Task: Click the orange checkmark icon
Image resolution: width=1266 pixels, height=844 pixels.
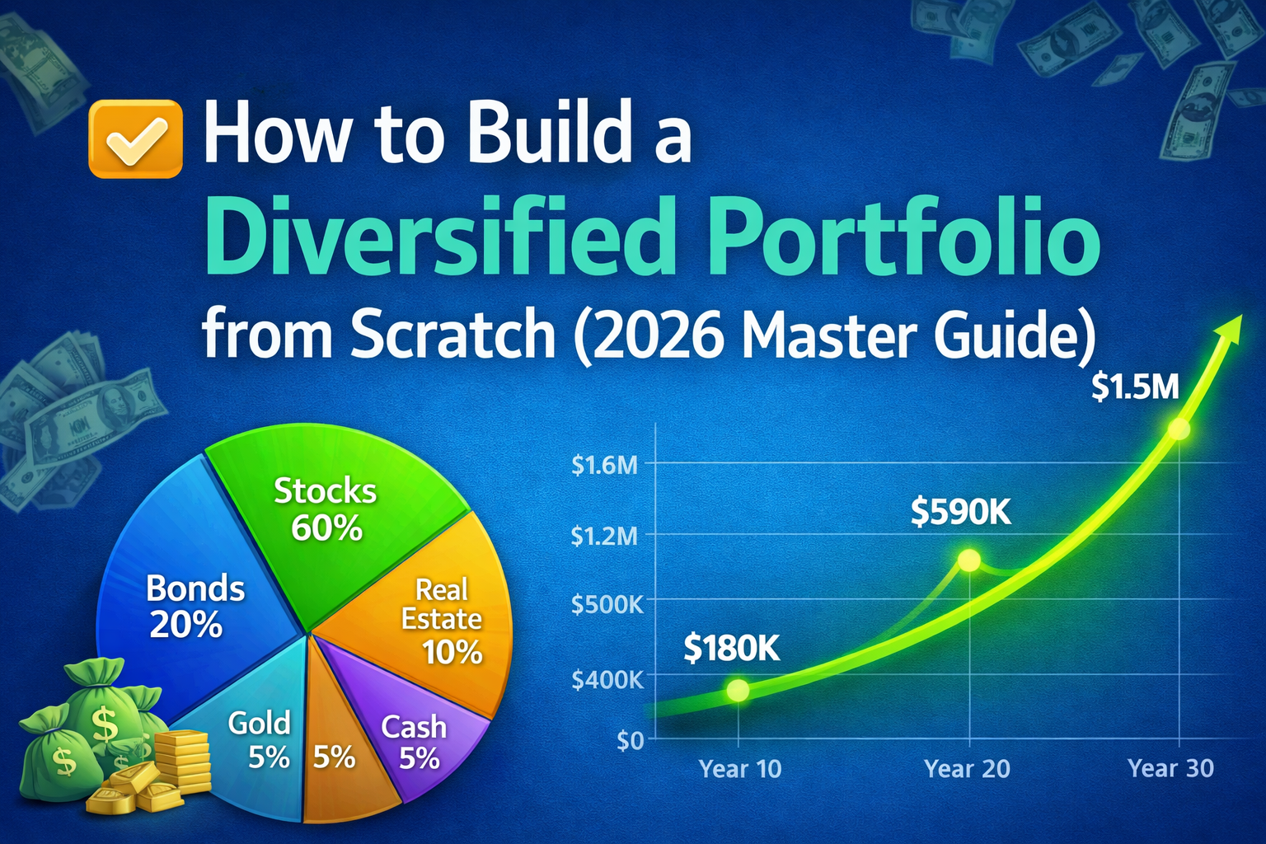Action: pos(135,138)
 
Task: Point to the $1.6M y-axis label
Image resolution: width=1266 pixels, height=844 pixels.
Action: pos(604,466)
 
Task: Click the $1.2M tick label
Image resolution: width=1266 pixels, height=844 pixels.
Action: pos(604,537)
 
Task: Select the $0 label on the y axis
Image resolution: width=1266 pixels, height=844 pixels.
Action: pos(630,740)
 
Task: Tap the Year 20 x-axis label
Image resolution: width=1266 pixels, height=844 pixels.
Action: pos(967,769)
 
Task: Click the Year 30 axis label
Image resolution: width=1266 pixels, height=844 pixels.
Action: pos(1170,769)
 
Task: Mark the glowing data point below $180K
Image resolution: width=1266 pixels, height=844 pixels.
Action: pos(738,691)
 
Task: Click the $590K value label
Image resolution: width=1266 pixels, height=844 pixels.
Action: pos(960,513)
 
